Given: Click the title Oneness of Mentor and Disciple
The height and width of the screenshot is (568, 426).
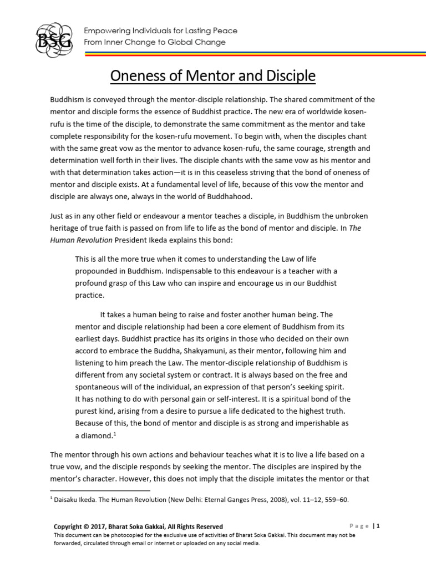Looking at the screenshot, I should pos(212,75).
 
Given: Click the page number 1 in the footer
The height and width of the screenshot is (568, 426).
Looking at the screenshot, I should pos(378,526).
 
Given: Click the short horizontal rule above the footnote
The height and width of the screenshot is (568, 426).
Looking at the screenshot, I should pos(100,490).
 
